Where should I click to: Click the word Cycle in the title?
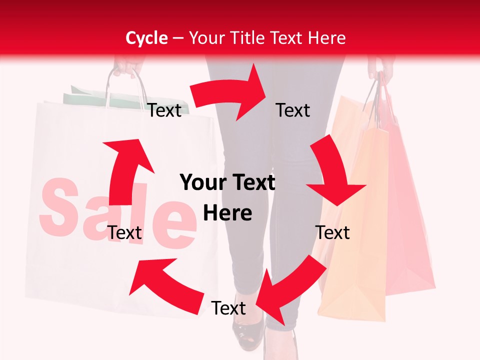click(146, 38)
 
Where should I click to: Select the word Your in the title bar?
click(206, 38)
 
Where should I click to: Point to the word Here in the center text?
click(227, 213)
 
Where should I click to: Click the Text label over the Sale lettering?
click(124, 232)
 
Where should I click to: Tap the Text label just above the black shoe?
click(228, 308)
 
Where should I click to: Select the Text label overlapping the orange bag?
click(332, 232)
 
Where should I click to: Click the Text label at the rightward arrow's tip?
click(293, 110)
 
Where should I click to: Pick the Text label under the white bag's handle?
click(164, 110)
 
